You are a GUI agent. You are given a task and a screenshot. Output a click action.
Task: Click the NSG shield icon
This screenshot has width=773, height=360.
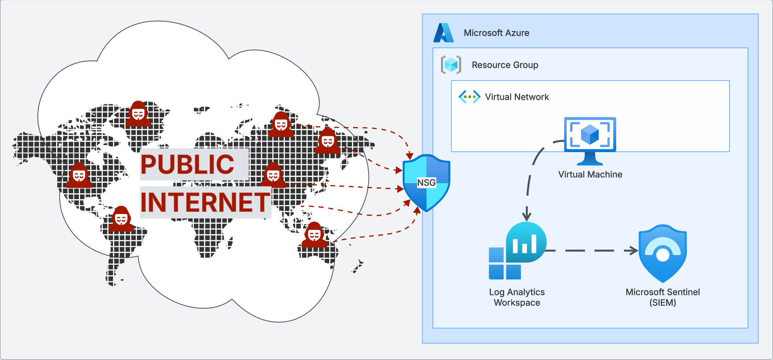click(x=426, y=183)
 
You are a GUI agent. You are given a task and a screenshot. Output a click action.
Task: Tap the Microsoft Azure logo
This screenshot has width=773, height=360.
click(x=443, y=33)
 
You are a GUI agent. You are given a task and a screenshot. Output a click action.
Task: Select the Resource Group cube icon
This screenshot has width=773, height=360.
click(x=451, y=64)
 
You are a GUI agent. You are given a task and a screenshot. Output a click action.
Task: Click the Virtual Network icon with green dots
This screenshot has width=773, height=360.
click(x=469, y=96)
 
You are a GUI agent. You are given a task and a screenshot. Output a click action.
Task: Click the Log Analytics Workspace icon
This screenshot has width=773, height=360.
click(x=517, y=251)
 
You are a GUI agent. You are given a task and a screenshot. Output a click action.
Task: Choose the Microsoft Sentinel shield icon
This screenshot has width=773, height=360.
click(x=662, y=253)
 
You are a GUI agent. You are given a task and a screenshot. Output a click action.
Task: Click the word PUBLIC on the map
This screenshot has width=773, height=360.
click(x=188, y=164)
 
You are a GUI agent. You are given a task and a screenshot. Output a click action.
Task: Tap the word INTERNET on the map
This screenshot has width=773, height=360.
click(x=205, y=202)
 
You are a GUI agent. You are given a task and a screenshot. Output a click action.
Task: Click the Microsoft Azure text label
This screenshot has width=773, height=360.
click(x=496, y=33)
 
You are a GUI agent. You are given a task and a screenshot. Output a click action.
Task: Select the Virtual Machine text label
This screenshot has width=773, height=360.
click(x=590, y=175)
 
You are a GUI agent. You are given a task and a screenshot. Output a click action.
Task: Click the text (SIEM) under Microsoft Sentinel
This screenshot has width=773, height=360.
click(x=662, y=303)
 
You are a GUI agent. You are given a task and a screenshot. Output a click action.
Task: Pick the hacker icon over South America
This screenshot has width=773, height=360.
click(x=121, y=219)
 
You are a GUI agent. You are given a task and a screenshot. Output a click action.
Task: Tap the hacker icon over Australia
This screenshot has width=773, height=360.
click(x=314, y=235)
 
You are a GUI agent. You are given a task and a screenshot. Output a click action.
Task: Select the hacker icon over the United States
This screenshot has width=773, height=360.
click(x=79, y=175)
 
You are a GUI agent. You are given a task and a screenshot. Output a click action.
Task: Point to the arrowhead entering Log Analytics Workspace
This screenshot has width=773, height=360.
click(x=527, y=216)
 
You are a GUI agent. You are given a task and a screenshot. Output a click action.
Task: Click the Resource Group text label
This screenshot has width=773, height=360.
click(x=505, y=65)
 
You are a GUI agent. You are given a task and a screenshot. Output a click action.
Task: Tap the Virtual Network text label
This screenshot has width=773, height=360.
click(x=517, y=97)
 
